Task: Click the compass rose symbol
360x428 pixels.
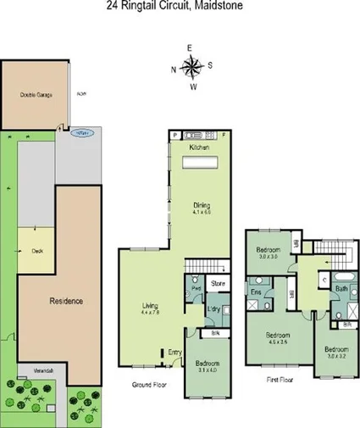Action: tap(193, 66)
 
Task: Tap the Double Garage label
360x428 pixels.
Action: tap(36, 95)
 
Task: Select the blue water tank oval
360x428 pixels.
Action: tap(81, 133)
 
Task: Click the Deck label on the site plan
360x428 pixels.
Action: tap(36, 251)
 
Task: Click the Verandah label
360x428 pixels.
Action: tap(31, 370)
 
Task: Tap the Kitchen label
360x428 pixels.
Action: tap(200, 146)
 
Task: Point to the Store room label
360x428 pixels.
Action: tap(218, 284)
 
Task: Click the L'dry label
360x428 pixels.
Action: tap(213, 308)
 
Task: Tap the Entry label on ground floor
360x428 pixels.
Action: tap(174, 352)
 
